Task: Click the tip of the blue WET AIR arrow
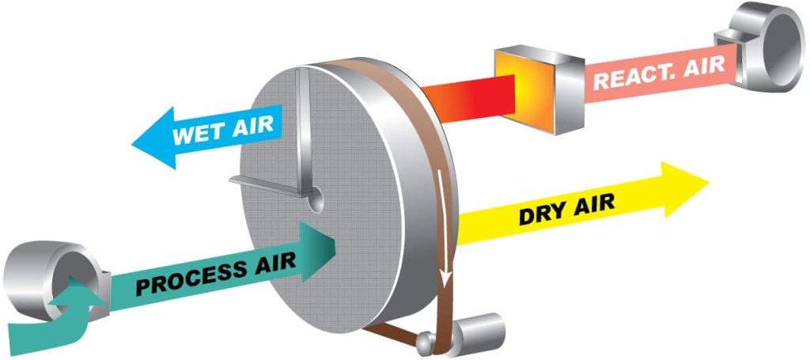132,143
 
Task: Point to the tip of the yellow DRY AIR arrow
709,182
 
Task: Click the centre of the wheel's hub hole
315,199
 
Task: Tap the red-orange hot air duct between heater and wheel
469,99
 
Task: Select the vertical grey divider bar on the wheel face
305,131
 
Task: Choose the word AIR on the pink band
704,66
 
